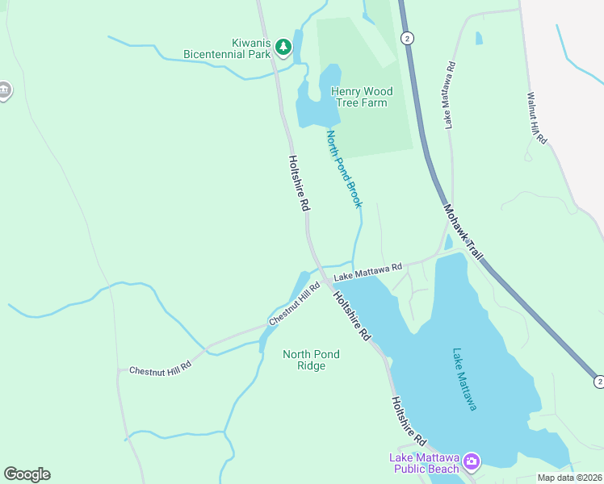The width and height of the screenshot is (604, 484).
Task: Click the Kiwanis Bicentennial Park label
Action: coord(226,48)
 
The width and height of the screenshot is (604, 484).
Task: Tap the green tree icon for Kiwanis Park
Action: coord(283,48)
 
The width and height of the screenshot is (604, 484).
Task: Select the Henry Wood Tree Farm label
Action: coord(359,97)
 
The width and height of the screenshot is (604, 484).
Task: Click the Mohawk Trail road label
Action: coord(463,232)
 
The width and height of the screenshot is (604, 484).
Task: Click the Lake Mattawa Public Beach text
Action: coord(426,463)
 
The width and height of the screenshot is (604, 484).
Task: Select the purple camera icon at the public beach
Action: coord(471,462)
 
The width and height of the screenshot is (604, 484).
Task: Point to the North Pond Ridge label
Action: coord(311,360)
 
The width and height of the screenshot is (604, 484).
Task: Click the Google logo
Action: coord(27,474)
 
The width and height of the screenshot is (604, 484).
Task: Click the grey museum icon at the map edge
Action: coord(4,90)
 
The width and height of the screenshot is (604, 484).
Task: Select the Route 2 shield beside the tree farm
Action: coord(409,38)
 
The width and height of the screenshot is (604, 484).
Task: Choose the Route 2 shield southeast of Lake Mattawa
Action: coord(598,380)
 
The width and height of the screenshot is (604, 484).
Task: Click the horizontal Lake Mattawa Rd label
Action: coord(368,271)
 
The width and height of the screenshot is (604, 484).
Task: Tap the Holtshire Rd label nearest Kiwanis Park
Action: coord(298,184)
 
